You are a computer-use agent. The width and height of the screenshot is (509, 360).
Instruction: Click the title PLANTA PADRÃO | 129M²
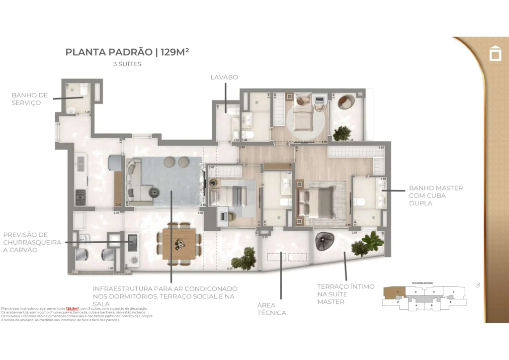[x=127, y=52]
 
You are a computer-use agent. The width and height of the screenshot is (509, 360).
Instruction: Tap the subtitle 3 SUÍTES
[x=127, y=64]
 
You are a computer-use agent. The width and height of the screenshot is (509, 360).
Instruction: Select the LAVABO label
[x=224, y=77]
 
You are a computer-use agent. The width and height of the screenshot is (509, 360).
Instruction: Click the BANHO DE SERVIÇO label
[x=30, y=98]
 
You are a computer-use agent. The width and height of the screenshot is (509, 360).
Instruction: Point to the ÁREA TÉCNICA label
[x=271, y=309]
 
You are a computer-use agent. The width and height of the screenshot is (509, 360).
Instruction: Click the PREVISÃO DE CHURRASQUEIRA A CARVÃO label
[x=32, y=242]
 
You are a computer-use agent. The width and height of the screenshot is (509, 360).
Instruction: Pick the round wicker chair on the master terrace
[x=328, y=241]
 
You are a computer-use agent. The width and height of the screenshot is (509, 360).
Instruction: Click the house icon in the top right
[x=495, y=53]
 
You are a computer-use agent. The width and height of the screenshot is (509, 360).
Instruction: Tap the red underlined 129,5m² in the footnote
[x=73, y=309]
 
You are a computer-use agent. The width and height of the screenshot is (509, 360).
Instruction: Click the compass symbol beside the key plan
[x=478, y=285]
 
